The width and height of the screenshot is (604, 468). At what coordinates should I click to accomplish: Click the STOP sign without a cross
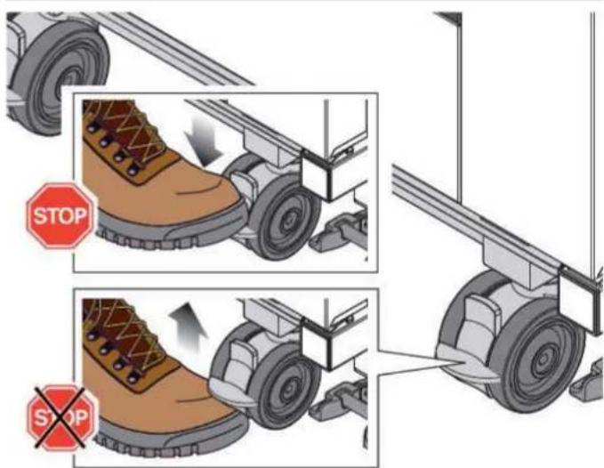[x=60, y=215]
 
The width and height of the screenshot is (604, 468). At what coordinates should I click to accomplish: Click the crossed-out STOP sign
[x=60, y=418]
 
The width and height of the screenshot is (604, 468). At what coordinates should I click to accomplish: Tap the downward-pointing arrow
[x=204, y=141]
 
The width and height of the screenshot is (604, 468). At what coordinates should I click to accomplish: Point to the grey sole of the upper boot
[x=170, y=231]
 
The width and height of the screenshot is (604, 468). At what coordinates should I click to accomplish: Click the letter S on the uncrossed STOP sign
[x=40, y=215]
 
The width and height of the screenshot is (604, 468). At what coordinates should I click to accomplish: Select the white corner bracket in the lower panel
[x=317, y=343]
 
